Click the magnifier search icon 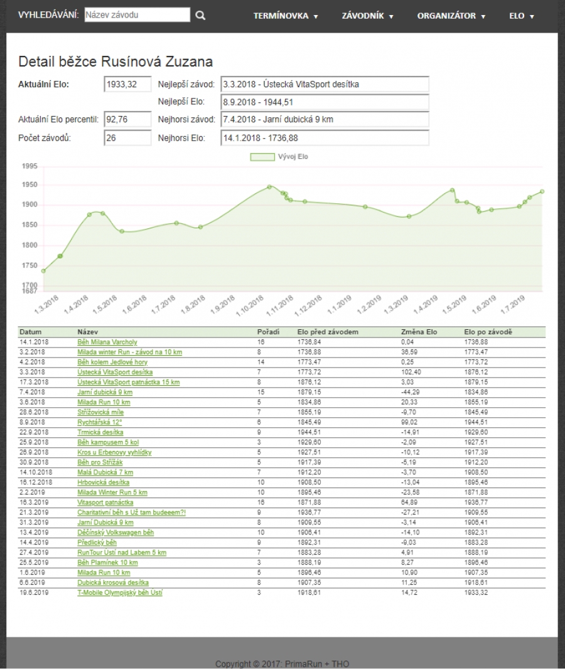(200, 16)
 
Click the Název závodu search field (137, 15)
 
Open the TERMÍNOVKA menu (286, 16)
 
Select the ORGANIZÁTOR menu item (451, 16)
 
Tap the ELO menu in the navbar (521, 16)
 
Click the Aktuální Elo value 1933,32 (127, 85)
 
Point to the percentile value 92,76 (127, 119)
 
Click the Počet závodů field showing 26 (127, 138)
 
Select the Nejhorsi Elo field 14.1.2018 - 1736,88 (325, 138)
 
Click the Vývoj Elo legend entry (279, 157)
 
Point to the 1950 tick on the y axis (29, 185)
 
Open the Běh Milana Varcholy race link (107, 342)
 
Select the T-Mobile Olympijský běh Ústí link (119, 593)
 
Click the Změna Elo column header (419, 332)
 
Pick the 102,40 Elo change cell (411, 372)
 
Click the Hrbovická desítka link (103, 482)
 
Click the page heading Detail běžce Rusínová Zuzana (116, 61)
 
